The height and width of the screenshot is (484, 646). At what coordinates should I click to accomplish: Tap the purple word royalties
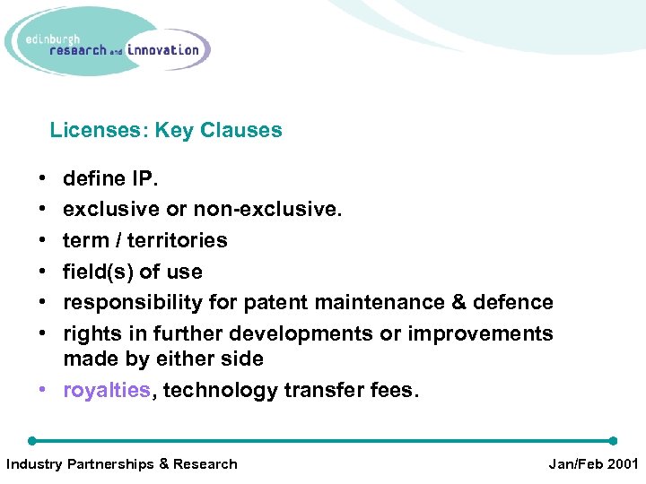(107, 391)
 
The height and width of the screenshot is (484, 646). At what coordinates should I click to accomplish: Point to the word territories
(178, 240)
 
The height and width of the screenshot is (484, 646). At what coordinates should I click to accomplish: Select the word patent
(275, 303)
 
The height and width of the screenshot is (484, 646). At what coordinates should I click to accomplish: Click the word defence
(518, 303)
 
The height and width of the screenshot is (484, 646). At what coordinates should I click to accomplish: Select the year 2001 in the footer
(620, 464)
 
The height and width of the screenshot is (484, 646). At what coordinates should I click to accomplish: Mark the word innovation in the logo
(163, 50)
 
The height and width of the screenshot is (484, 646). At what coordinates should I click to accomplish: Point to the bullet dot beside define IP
(32, 179)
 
